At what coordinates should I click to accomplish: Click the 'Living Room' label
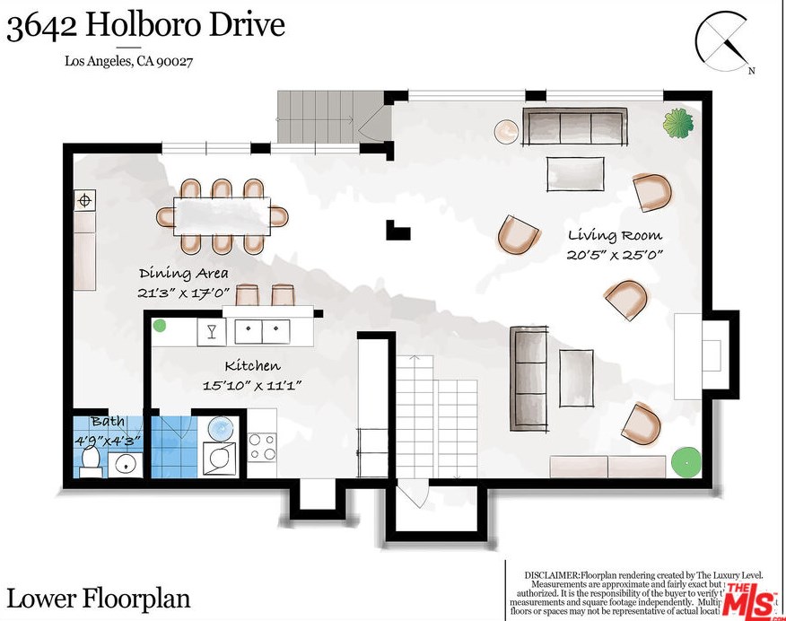[x=615, y=235]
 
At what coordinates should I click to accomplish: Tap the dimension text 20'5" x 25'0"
[x=615, y=255]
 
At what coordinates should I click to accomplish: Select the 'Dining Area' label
[x=183, y=273]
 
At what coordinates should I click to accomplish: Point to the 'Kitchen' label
[x=251, y=365]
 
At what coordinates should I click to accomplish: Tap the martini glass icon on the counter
[x=212, y=331]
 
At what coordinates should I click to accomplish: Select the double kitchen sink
[x=262, y=331]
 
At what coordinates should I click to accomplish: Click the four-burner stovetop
[x=262, y=446]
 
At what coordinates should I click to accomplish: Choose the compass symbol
[x=723, y=40]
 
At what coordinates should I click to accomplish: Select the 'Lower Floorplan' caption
[x=99, y=598]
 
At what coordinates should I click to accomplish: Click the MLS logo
[x=752, y=599]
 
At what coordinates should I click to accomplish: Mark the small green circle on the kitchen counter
[x=159, y=326]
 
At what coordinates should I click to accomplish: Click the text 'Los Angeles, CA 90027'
[x=129, y=62]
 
